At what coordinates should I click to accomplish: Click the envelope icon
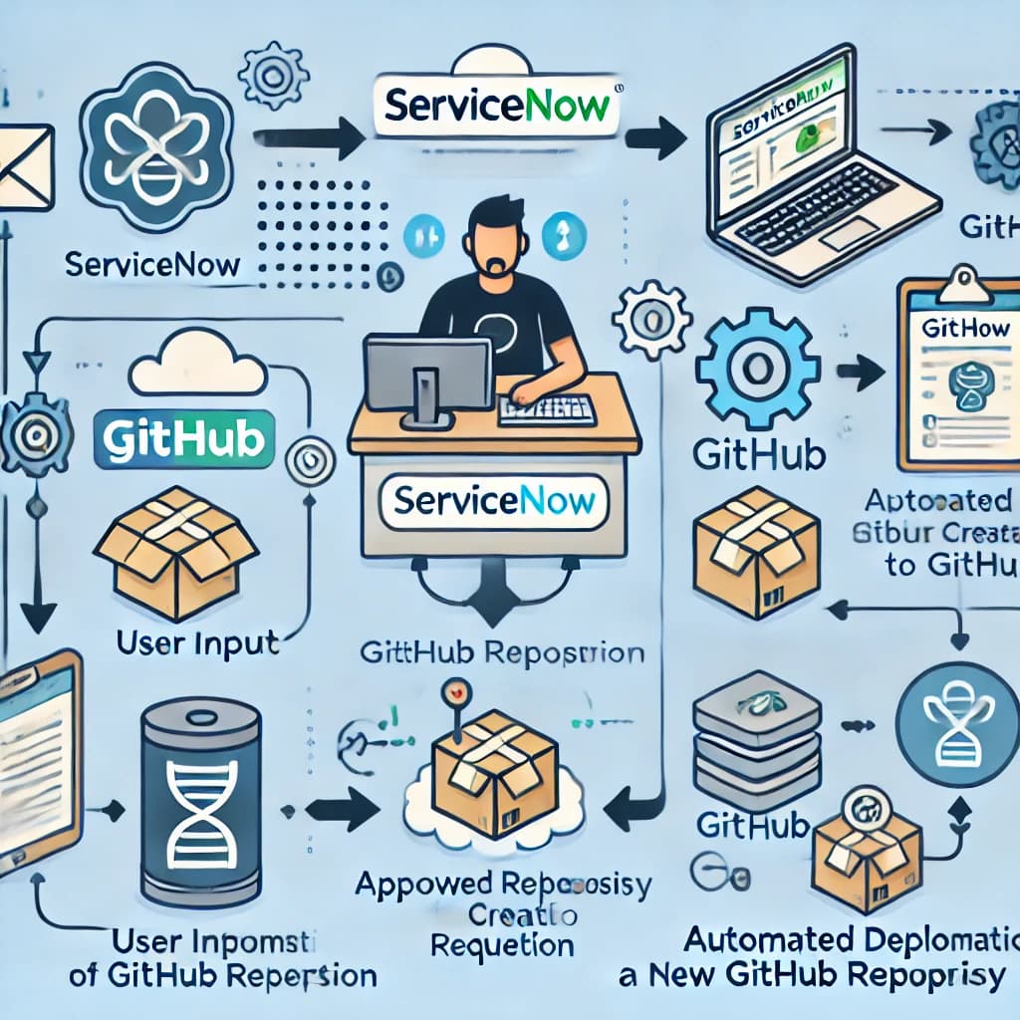[24, 166]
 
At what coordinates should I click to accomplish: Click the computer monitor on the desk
[426, 374]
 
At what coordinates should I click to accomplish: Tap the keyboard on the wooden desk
[547, 409]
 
